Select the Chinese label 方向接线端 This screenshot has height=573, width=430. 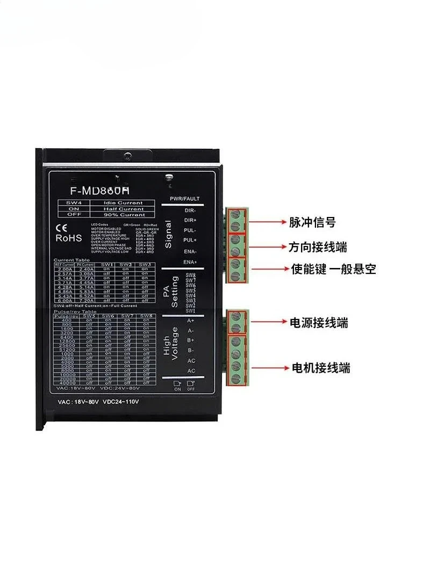318,247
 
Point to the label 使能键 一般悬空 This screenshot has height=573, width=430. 333,269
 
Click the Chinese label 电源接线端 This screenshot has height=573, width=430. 319,322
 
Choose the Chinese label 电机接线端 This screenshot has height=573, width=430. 320,368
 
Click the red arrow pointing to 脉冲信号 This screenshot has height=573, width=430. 266,221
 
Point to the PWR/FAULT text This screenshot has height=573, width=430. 184,199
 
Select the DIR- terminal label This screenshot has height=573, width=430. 190,211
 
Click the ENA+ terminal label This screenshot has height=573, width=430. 190,262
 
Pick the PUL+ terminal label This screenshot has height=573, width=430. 190,240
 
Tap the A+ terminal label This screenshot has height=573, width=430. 191,321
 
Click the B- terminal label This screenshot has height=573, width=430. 191,351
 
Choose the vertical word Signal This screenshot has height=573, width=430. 168,235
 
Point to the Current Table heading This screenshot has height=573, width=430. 68,260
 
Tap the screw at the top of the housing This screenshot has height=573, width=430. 127,156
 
